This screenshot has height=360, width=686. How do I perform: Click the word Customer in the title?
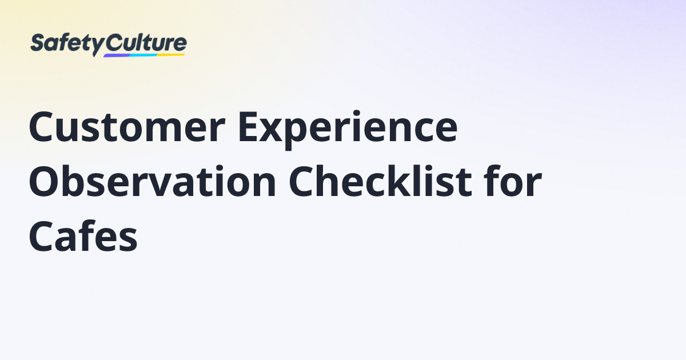click(127, 127)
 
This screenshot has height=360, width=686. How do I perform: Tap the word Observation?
click(153, 181)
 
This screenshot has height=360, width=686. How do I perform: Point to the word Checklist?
click(380, 181)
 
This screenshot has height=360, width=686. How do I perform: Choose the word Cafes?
click(83, 236)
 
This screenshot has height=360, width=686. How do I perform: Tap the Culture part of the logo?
click(146, 43)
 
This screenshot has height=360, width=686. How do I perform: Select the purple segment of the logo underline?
click(117, 56)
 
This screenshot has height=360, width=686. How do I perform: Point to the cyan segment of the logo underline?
click(143, 55)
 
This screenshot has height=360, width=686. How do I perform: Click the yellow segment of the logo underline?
click(171, 55)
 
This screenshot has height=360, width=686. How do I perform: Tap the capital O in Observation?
click(44, 182)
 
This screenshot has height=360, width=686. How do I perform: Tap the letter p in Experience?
click(299, 135)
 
